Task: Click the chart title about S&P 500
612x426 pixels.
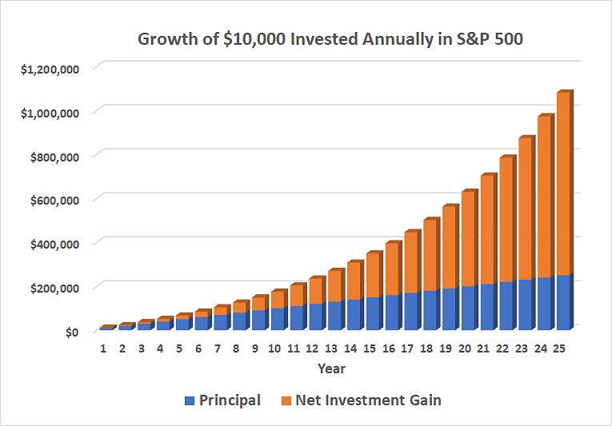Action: click(x=330, y=39)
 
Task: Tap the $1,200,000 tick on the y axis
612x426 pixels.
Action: click(x=50, y=69)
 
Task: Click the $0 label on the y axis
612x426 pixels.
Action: click(x=70, y=331)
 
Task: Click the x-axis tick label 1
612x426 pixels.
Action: click(x=103, y=348)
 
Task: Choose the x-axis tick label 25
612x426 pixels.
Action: click(x=559, y=348)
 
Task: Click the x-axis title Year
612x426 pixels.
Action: click(x=331, y=369)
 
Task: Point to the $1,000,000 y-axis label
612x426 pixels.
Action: click(x=50, y=113)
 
